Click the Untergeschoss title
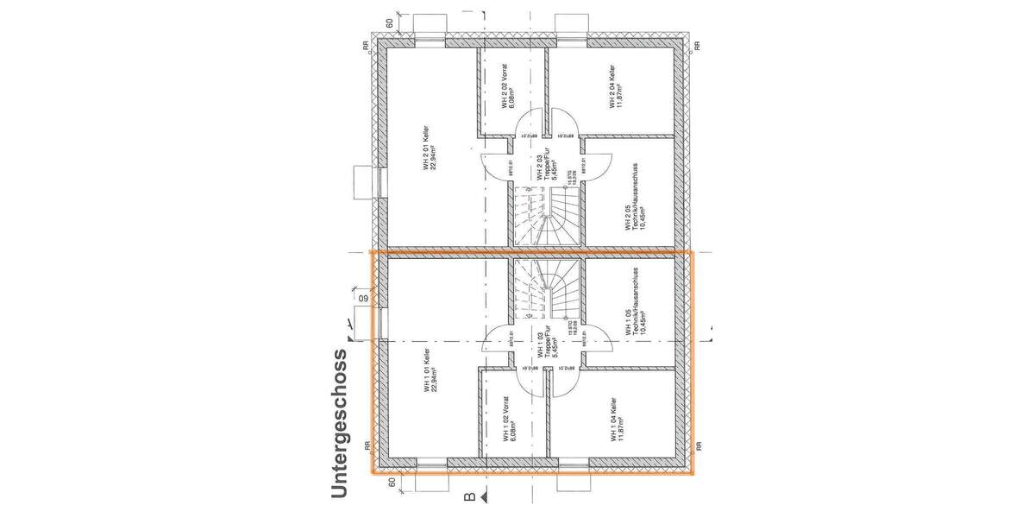[x=338, y=423]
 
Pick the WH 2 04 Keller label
[x=614, y=90]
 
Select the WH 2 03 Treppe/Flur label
[x=544, y=164]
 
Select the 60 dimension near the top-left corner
[x=390, y=22]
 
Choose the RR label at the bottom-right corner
[x=699, y=446]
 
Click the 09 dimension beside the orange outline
[x=361, y=300]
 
